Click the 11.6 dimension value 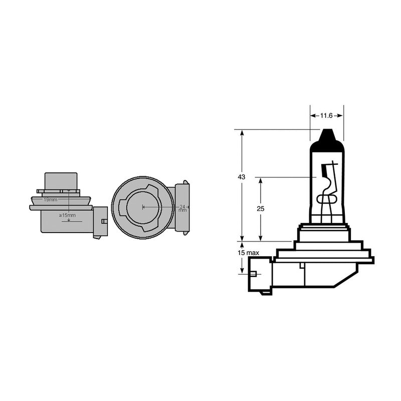[327, 116]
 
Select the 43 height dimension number [242, 177]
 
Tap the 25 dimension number [260, 208]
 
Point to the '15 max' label [248, 253]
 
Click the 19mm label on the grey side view [50, 199]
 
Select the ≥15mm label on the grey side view [68, 216]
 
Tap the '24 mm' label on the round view [182, 208]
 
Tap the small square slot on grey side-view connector [104, 222]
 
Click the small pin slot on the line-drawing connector [253, 274]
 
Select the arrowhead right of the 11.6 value [341, 116]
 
